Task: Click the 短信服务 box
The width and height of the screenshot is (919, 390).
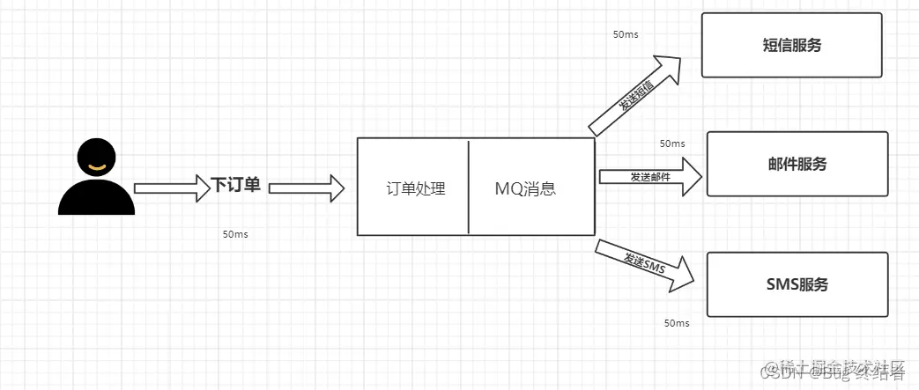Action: (x=791, y=46)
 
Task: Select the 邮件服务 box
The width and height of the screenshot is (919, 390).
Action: (x=797, y=164)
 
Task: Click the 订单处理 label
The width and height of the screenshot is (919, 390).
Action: (x=416, y=188)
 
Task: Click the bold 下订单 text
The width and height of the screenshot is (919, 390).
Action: (x=236, y=186)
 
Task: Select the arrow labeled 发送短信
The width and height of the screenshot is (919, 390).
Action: (x=636, y=96)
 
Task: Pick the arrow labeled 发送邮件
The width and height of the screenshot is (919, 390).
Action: (x=650, y=177)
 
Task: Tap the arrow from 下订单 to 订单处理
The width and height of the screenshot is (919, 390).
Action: (x=305, y=187)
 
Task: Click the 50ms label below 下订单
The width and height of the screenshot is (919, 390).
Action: (x=234, y=235)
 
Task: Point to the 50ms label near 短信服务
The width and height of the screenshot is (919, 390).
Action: (x=626, y=34)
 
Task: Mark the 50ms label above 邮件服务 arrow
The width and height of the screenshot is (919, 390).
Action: (x=671, y=143)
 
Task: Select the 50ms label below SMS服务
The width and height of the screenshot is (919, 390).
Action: (x=677, y=323)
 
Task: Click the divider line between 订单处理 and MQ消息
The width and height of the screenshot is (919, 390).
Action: (x=469, y=187)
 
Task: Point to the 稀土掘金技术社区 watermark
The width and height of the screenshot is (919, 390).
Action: (x=834, y=365)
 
